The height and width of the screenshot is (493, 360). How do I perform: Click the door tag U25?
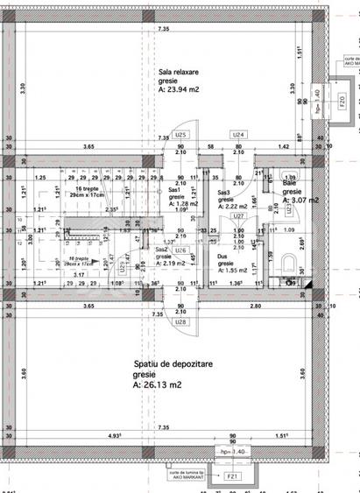pyautogui.click(x=180, y=136)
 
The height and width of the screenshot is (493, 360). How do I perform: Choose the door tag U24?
pyautogui.click(x=237, y=135)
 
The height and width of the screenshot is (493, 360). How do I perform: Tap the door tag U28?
pyautogui.click(x=180, y=322)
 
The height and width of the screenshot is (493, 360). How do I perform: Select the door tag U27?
pyautogui.click(x=237, y=215)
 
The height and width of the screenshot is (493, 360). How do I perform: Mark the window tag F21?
pyautogui.click(x=231, y=476)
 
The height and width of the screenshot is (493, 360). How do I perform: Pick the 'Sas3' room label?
pyautogui.click(x=223, y=193)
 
